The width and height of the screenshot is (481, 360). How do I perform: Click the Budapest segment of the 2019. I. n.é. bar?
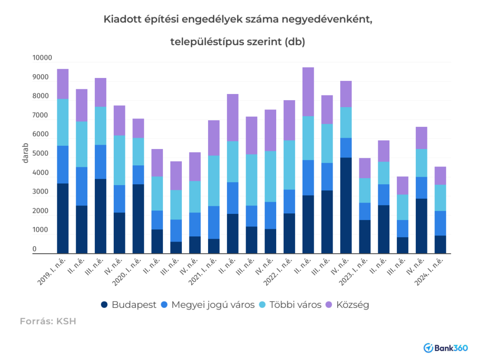click(62, 219)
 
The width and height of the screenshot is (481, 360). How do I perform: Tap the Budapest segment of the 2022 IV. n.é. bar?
click(346, 205)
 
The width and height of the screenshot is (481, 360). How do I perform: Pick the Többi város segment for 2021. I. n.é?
click(214, 181)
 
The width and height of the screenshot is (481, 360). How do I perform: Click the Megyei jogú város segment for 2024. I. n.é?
click(440, 223)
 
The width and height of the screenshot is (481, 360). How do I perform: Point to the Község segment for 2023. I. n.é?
click(365, 168)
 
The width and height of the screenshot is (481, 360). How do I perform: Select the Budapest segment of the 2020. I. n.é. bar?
click(138, 219)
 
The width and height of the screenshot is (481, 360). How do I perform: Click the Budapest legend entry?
click(128, 305)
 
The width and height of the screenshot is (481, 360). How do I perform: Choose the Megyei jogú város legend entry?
click(207, 305)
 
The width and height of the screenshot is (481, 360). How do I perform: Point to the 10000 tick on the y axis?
click(41, 58)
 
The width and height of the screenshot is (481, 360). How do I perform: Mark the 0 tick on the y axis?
click(34, 249)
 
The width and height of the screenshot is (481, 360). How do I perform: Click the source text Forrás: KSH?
click(47, 321)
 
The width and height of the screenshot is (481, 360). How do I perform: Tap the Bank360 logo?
click(445, 348)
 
